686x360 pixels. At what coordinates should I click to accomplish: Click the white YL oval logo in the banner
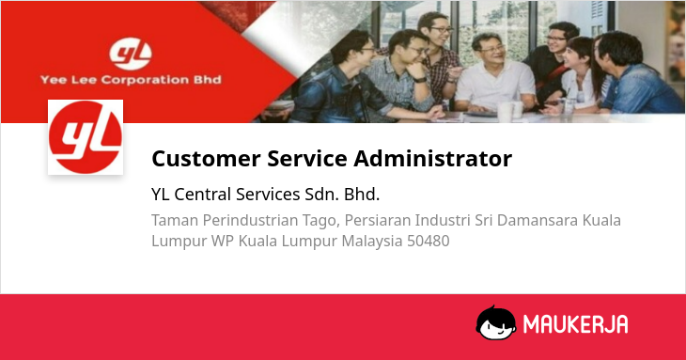tap(131, 55)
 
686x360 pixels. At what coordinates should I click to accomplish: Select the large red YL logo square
tap(86, 137)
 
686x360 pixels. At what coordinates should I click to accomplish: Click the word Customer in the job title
tap(206, 158)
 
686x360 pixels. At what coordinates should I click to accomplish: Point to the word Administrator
tap(432, 158)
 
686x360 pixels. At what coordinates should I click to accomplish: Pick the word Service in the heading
tap(307, 158)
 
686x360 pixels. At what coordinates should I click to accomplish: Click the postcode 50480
tap(429, 241)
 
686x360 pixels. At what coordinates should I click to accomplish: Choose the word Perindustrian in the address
tap(250, 220)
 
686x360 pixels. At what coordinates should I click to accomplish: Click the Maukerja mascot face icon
tap(495, 322)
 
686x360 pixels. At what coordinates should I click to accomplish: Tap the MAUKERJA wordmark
tap(575, 324)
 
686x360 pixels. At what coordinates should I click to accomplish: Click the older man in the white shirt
tap(495, 74)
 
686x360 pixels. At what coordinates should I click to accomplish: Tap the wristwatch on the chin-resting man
tap(420, 80)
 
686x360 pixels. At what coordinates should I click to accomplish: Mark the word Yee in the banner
tap(53, 80)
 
